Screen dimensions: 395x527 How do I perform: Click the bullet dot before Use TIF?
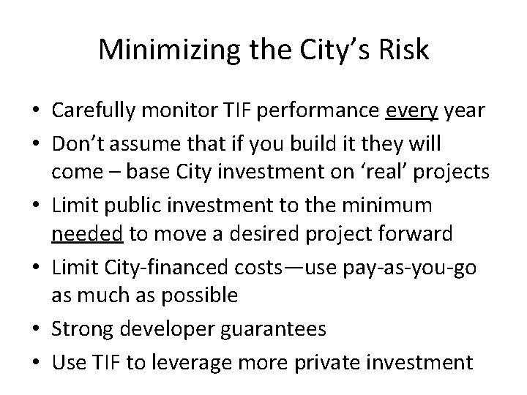pos(35,362)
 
